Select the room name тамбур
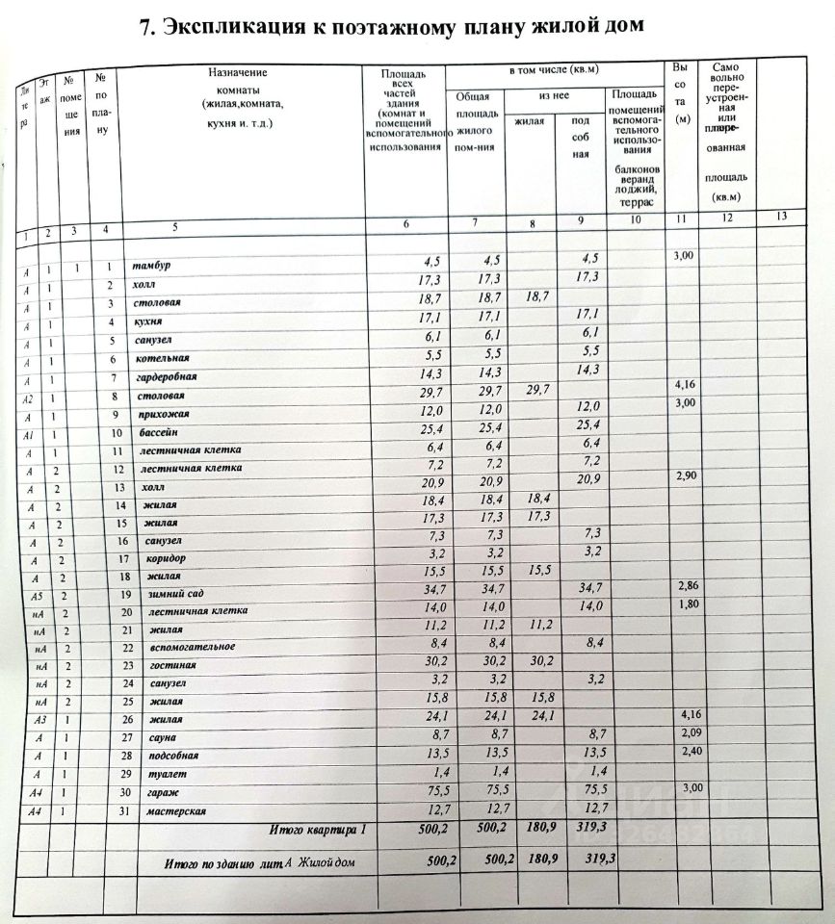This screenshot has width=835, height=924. click(152, 267)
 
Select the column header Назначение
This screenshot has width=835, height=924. click(236, 72)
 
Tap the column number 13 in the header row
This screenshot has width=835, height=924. click(780, 217)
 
